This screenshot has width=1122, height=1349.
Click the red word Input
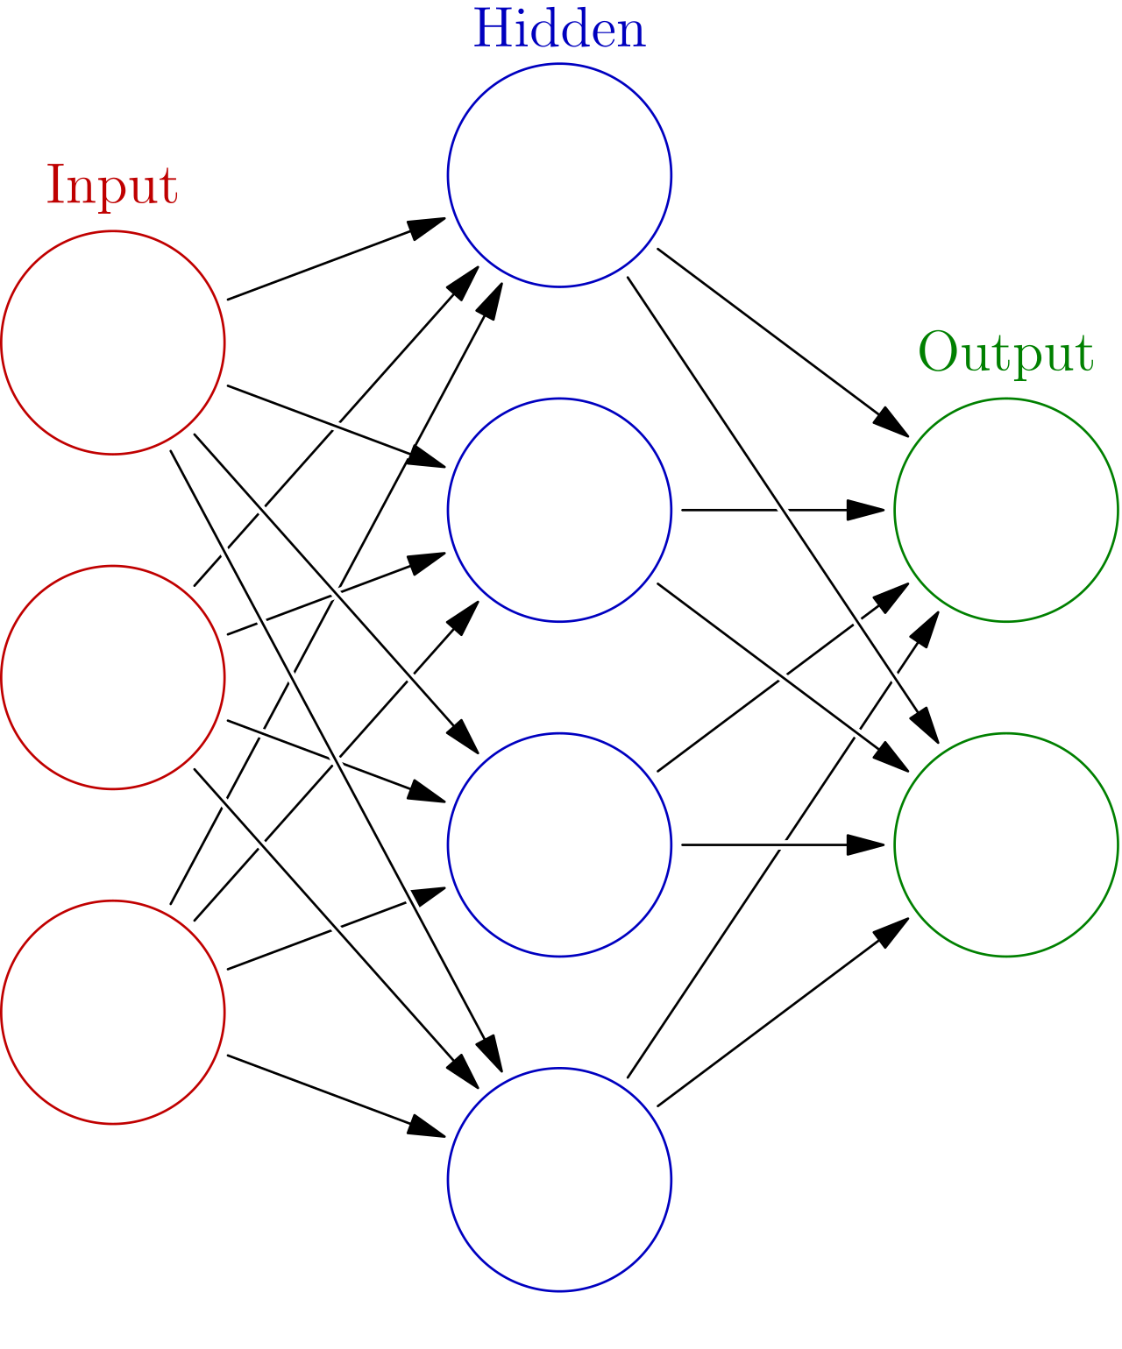(112, 186)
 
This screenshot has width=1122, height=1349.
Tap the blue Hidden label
(559, 30)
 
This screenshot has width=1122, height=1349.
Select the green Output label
(1005, 353)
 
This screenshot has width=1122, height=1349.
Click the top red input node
(113, 343)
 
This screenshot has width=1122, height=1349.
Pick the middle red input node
(113, 677)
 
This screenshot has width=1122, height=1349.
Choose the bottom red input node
(113, 1012)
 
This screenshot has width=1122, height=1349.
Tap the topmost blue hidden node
(559, 175)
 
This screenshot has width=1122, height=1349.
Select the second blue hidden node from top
(559, 510)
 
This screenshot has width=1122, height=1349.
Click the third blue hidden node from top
(559, 844)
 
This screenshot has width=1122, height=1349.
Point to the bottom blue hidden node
(559, 1179)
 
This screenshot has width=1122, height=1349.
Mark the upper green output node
(1006, 510)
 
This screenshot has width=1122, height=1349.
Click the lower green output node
(1006, 844)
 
